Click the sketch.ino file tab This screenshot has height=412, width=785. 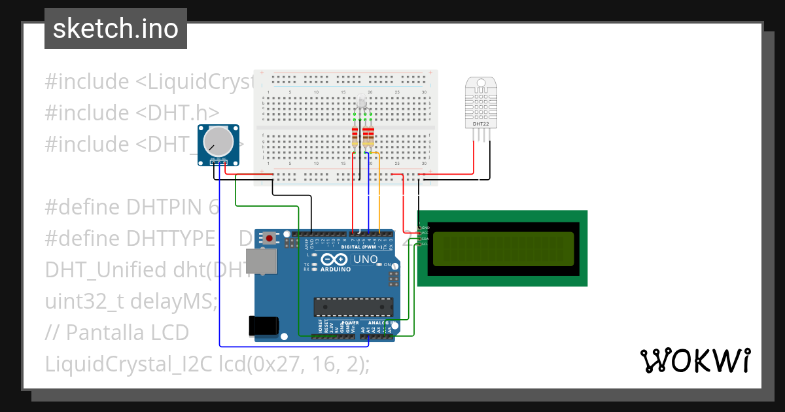tap(116, 29)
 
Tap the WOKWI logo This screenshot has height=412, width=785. tap(695, 360)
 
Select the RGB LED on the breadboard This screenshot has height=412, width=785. tap(362, 103)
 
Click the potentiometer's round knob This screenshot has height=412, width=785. tap(218, 141)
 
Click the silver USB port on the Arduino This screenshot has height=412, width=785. tap(265, 262)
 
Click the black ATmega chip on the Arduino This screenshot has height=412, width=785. tap(353, 307)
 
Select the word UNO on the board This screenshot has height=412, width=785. tap(365, 260)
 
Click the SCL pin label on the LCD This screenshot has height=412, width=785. tap(425, 245)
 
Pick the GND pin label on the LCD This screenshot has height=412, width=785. tap(425, 227)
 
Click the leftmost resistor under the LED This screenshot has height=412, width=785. tap(355, 137)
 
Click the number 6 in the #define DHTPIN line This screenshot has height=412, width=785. tap(213, 207)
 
